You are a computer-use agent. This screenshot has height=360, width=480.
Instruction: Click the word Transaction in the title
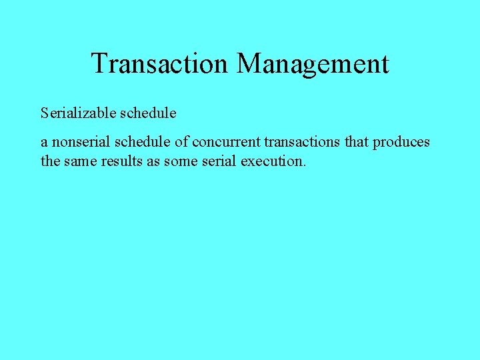[x=160, y=64]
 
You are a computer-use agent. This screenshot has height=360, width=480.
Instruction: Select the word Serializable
[x=78, y=113]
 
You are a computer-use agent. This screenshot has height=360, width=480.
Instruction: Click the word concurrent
[x=227, y=142]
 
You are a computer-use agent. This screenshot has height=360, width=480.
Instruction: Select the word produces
[x=401, y=143]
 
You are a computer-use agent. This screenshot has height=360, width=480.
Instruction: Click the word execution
[x=274, y=161]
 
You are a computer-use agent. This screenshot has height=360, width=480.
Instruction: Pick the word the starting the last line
[x=50, y=161]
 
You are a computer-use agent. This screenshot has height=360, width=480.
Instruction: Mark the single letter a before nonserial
[x=44, y=143]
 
